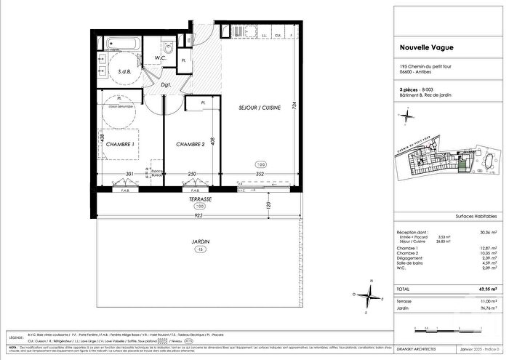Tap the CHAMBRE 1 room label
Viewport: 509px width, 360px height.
click(121, 145)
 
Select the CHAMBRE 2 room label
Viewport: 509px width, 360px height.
click(189, 145)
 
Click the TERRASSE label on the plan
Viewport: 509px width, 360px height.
click(198, 199)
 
